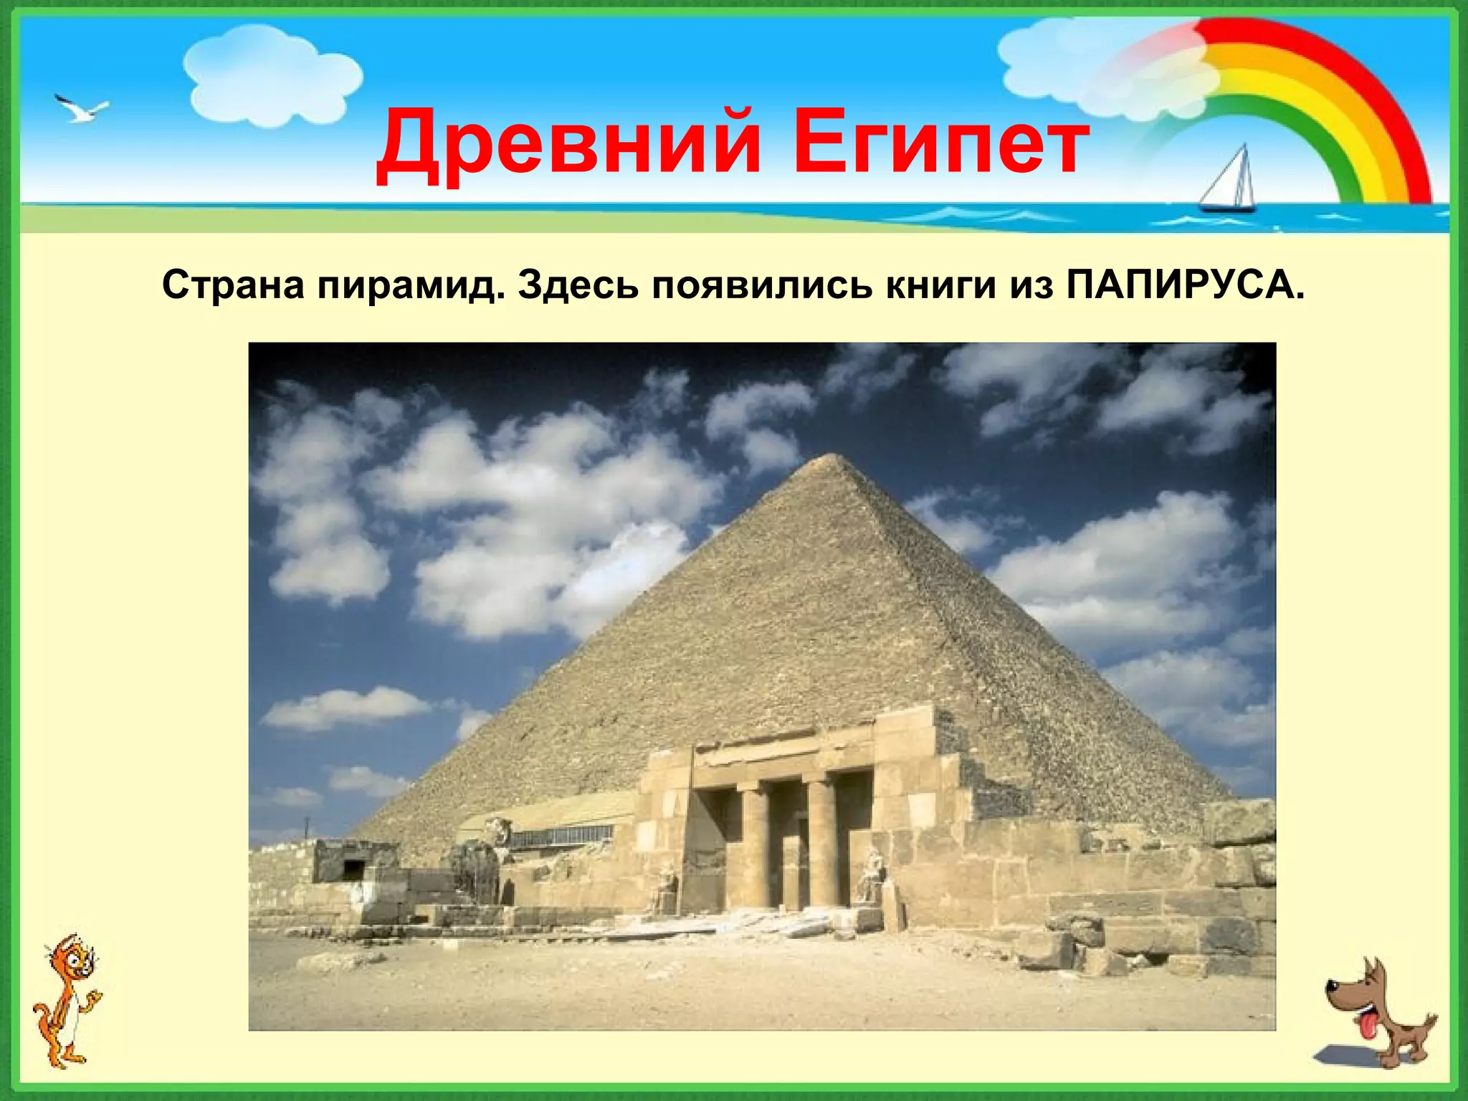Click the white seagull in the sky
click(x=82, y=110)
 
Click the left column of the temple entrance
click(x=754, y=846)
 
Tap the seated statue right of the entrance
click(x=871, y=878)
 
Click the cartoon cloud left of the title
click(x=272, y=75)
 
